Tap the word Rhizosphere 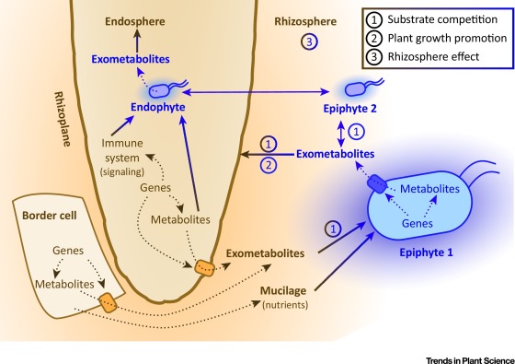309,19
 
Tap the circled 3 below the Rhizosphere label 310,41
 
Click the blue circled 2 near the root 269,165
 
